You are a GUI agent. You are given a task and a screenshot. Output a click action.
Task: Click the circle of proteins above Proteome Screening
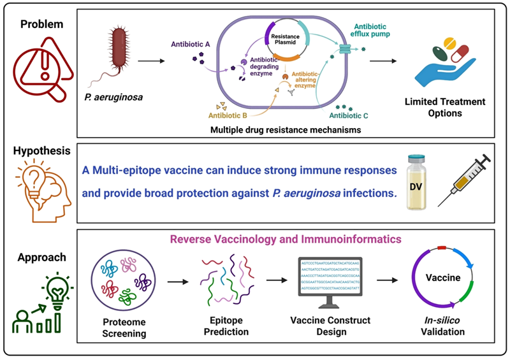(x=125, y=282)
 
